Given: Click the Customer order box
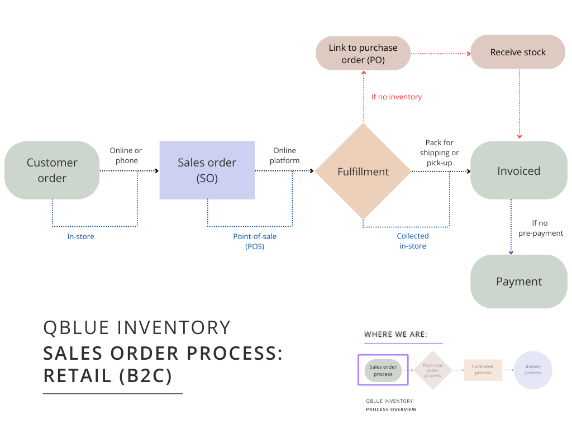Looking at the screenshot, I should point(52,170).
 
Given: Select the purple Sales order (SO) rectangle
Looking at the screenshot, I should point(207,170).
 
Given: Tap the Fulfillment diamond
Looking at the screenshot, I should point(363,171).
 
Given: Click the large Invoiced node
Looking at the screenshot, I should point(519,170).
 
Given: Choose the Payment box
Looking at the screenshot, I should point(519,282).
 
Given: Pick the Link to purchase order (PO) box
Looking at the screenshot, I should point(363,54).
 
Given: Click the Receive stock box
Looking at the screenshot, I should point(518,52).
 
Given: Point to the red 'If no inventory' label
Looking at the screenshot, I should point(397,97).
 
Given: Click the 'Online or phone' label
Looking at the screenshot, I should point(126,155).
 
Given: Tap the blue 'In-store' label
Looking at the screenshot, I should point(81,237).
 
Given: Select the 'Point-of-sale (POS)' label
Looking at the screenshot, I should point(255,241).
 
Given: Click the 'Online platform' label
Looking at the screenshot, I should point(285,155).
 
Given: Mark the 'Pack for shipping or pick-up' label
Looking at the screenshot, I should point(440,152).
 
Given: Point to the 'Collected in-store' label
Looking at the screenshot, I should point(413,241).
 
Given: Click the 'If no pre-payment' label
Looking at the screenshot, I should point(541,228).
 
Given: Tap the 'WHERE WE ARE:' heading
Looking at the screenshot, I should point(395,335).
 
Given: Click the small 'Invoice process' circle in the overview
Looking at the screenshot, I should point(533,370).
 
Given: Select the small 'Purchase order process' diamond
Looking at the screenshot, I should point(433,370).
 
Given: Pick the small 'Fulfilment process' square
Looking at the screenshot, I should point(483,370).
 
